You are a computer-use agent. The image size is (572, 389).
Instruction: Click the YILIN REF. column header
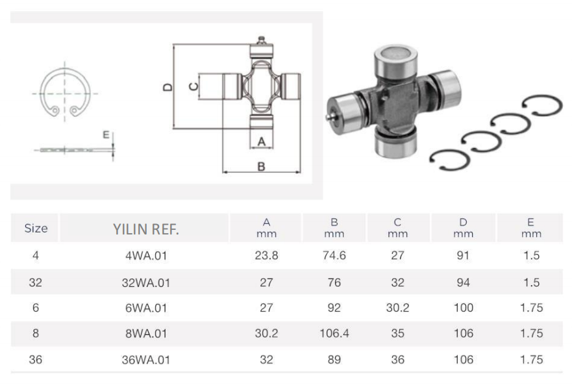[x=145, y=229]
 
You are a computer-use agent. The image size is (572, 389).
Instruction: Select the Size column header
[x=36, y=228]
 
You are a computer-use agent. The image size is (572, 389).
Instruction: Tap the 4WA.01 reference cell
[x=146, y=255]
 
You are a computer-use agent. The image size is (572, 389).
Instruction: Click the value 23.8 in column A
[x=266, y=255]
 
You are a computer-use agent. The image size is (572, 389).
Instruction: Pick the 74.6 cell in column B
[x=334, y=255]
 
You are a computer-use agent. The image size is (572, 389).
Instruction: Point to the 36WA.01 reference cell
[x=146, y=360]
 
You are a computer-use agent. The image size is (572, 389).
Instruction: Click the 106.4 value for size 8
[x=334, y=333]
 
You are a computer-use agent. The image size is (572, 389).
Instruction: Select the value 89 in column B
[x=334, y=359]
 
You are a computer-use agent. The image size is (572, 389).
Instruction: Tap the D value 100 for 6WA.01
[x=464, y=308]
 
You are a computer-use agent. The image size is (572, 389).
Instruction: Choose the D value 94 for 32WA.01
[x=464, y=282]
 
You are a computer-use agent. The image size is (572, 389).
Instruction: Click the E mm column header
[x=531, y=228]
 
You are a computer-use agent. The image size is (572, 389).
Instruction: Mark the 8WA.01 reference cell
[x=146, y=334]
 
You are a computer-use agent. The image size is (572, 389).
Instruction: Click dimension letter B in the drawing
[x=261, y=166]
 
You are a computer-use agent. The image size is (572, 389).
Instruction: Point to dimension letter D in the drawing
[x=168, y=87]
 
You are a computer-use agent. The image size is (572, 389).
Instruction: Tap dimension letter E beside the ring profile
[x=106, y=135]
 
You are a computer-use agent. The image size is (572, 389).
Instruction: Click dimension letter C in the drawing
[x=193, y=86]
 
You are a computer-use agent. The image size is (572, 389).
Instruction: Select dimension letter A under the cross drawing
[x=261, y=142]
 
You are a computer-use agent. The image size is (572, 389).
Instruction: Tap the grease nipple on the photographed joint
[x=329, y=117]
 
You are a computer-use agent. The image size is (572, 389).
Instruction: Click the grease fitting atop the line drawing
[x=261, y=40]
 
